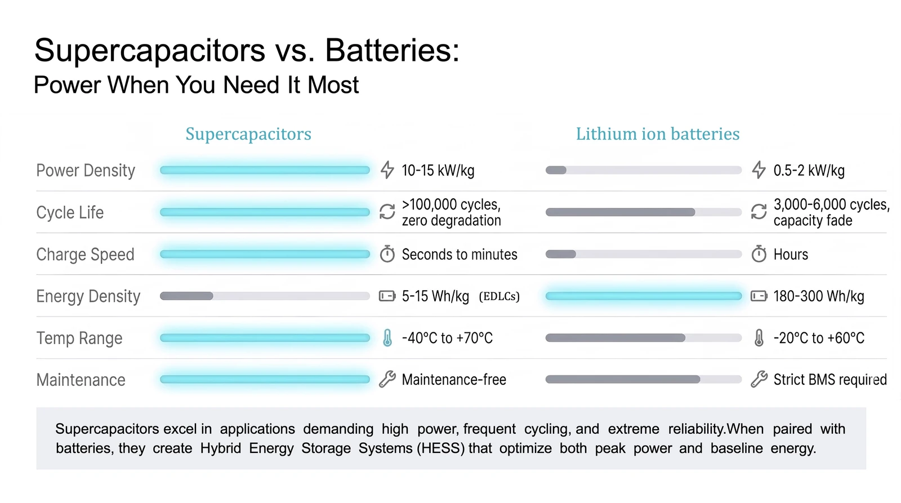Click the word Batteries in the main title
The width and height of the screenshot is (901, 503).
pyautogui.click(x=392, y=51)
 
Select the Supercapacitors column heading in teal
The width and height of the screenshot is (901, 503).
pyautogui.click(x=248, y=134)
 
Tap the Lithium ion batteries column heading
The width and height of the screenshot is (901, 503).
pyautogui.click(x=657, y=134)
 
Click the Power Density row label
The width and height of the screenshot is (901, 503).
pyautogui.click(x=86, y=171)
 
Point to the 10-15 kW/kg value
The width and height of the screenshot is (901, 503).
pyautogui.click(x=438, y=171)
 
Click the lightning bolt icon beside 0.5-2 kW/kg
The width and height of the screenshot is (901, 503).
pyautogui.click(x=759, y=170)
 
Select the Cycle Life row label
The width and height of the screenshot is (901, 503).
pyautogui.click(x=70, y=213)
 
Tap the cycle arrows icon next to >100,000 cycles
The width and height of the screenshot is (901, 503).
pyautogui.click(x=387, y=212)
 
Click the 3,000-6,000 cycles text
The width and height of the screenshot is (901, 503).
pyautogui.click(x=831, y=204)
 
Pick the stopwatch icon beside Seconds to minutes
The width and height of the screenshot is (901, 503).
pyautogui.click(x=387, y=254)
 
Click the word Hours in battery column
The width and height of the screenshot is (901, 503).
pyautogui.click(x=790, y=255)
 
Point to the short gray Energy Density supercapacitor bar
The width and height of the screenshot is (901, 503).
pyautogui.click(x=186, y=296)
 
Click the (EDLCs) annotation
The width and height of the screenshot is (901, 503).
pyautogui.click(x=499, y=297)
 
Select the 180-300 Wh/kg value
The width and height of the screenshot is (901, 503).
pyautogui.click(x=818, y=296)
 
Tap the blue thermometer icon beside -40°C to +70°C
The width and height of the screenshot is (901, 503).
pyautogui.click(x=387, y=338)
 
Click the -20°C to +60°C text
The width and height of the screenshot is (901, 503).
pyautogui.click(x=818, y=338)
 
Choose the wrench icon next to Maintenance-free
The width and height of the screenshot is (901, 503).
pyautogui.click(x=387, y=380)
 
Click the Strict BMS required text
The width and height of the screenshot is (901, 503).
pyautogui.click(x=829, y=380)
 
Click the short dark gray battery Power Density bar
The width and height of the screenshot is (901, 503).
pyautogui.click(x=556, y=170)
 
